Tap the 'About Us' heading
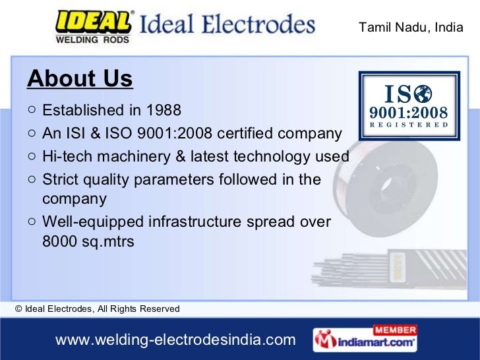coord(80,79)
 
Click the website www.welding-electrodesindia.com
coord(175,340)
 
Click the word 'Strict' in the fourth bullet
coord(59,179)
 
